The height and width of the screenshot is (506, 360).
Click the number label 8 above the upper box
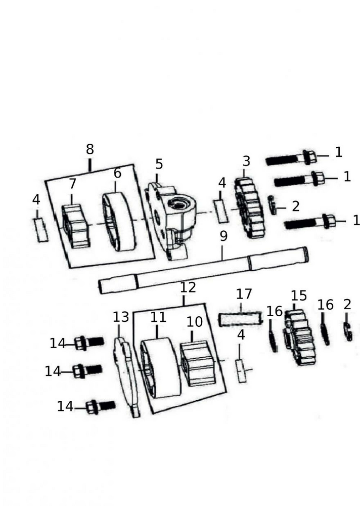[89, 150]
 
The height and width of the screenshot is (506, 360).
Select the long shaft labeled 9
[202, 270]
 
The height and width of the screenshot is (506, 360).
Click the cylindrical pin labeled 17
[241, 319]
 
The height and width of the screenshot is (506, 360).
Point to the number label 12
[188, 288]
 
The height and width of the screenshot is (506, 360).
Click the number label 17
[244, 294]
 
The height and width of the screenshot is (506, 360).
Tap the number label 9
[223, 236]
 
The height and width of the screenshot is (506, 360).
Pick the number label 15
[298, 296]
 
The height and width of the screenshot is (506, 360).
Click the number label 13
[121, 317]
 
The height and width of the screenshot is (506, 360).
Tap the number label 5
[159, 164]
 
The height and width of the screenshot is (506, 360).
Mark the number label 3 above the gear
[246, 161]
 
